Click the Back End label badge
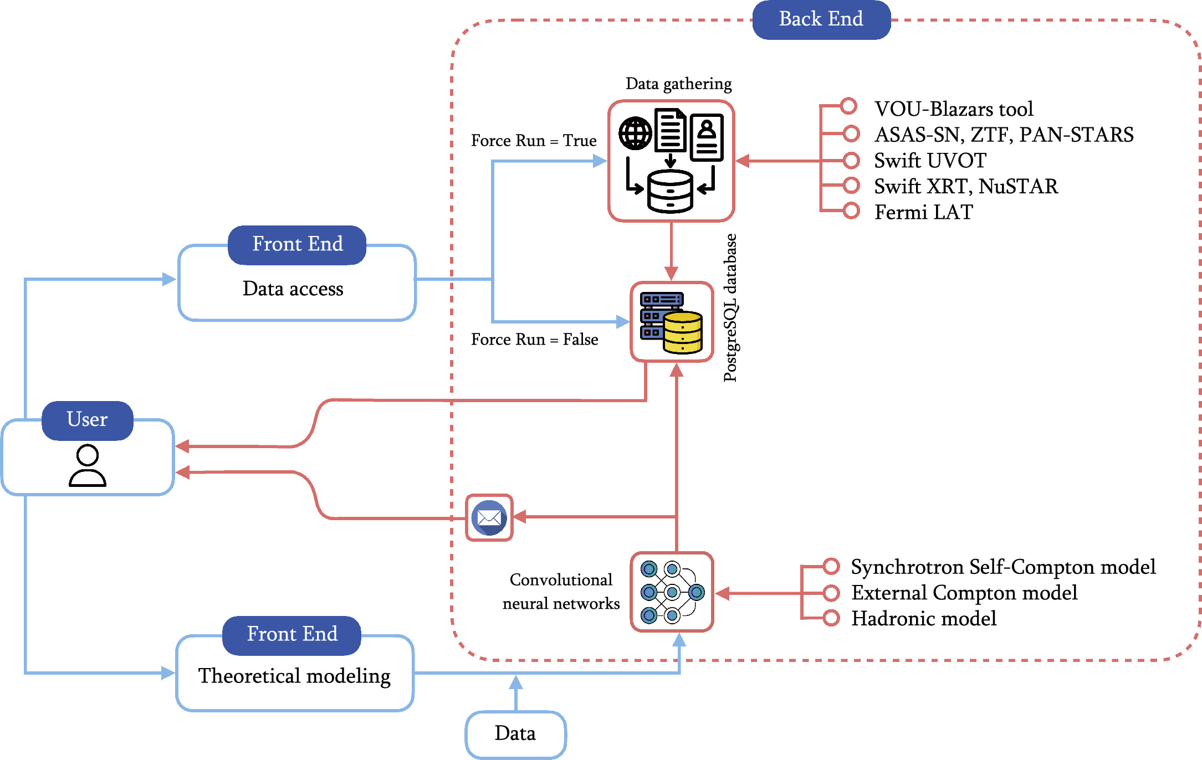pos(821,19)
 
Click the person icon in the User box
pos(88,465)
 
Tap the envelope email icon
pos(489,518)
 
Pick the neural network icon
pos(672,592)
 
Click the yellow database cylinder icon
pos(683,332)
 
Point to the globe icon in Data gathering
pos(635,133)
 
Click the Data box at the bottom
pos(515,734)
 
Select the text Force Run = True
pos(534,141)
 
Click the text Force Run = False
pos(534,340)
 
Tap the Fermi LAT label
pos(924,212)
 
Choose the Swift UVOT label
pos(930,161)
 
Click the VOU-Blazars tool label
pos(954,109)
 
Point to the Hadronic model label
pos(924,619)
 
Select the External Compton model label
pos(964,593)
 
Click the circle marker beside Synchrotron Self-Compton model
pos(831,566)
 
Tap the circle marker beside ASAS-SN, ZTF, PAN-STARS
pos(851,133)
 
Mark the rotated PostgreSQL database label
pos(731,308)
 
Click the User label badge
pos(88,420)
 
